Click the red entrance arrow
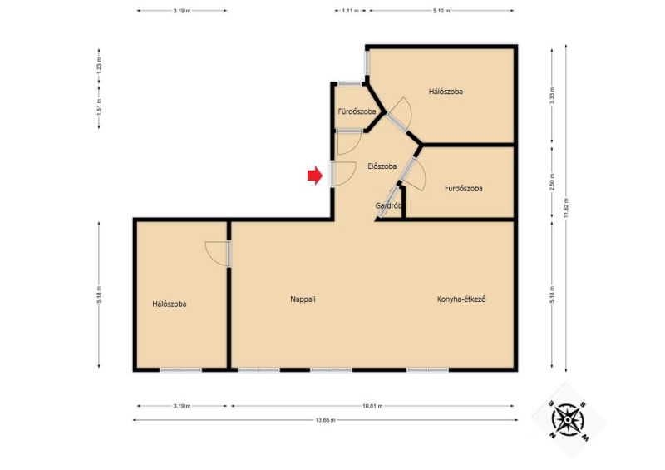315,176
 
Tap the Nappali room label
303,299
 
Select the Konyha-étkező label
461,299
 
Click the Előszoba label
382,166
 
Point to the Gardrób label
388,206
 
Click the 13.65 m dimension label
325,420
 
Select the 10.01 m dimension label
372,406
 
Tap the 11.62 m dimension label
566,208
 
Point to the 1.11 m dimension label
350,11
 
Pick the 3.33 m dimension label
552,95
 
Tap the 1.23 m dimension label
99,67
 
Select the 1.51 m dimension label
99,107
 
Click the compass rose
568,420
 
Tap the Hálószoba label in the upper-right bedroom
446,92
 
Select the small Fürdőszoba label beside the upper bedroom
357,111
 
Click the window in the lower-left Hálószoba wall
180,370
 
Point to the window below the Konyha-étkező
427,370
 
